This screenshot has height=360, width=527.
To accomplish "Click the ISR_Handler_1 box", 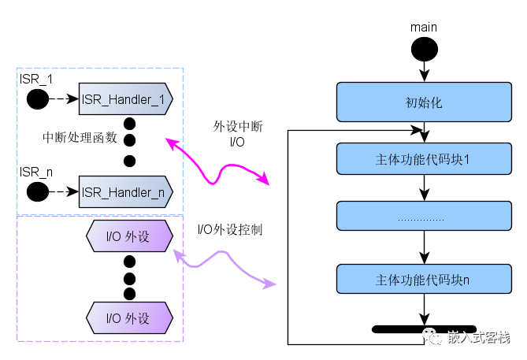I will pyautogui.click(x=124, y=99).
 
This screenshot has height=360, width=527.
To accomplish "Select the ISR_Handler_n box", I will pyautogui.click(x=124, y=191).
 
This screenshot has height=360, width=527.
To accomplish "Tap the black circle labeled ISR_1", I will pyautogui.click(x=36, y=99).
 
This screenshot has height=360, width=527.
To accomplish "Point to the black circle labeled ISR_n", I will pyautogui.click(x=36, y=191).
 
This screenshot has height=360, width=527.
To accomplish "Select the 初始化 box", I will pyautogui.click(x=424, y=101).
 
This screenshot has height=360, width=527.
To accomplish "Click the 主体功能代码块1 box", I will pyautogui.click(x=424, y=158).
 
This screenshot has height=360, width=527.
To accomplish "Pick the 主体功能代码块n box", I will pyautogui.click(x=424, y=280).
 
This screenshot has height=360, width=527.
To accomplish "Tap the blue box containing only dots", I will pyautogui.click(x=424, y=217).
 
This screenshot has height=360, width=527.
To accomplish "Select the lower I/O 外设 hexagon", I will pyautogui.click(x=128, y=319).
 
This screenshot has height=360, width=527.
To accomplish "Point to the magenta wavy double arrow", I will pyautogui.click(x=217, y=163).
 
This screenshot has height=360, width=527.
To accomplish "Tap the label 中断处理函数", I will pyautogui.click(x=80, y=137).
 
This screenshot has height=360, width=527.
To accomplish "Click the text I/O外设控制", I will pyautogui.click(x=229, y=230).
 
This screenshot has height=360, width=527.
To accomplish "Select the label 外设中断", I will pyautogui.click(x=237, y=127).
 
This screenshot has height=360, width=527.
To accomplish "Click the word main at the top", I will pyautogui.click(x=424, y=28).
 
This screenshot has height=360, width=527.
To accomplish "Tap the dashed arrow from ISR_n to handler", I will pyautogui.click(x=63, y=191).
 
